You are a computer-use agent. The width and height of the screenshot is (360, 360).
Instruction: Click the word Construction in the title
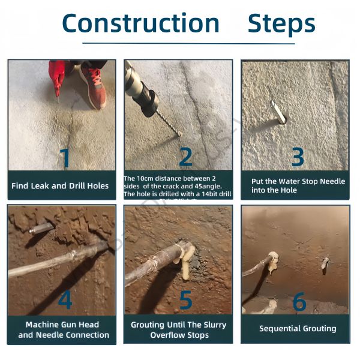tap(141, 23)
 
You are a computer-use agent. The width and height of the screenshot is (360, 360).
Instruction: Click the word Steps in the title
tap(281, 24)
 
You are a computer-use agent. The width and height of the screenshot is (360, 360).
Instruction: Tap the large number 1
tap(65, 157)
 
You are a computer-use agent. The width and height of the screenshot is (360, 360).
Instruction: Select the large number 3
tap(298, 157)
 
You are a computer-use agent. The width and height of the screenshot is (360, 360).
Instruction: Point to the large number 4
tap(65, 300)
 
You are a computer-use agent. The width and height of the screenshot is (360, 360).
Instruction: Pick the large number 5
tap(186, 300)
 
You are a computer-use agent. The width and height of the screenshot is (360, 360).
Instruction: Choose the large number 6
tap(299, 302)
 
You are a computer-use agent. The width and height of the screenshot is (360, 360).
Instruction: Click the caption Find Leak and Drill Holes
tap(60, 186)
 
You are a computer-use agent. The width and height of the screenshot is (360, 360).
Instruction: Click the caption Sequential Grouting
tap(298, 329)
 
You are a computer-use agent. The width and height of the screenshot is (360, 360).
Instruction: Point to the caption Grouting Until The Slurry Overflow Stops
tap(179, 329)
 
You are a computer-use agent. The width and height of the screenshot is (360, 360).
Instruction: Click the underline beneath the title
tap(188, 43)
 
